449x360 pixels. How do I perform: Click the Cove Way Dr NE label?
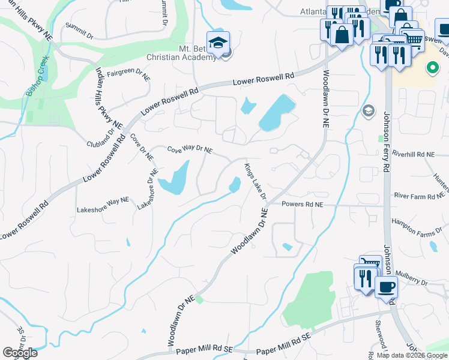(190, 149)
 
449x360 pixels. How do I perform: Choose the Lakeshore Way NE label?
(103, 209)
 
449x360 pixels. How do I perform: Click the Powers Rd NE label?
(303, 205)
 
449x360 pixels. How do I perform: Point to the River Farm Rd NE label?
(420, 195)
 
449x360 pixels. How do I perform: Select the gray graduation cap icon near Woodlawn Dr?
(368, 110)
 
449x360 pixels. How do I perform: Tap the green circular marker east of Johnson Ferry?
(431, 68)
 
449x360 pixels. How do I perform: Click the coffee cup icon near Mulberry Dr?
(385, 286)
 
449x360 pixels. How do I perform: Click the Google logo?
(20, 353)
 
